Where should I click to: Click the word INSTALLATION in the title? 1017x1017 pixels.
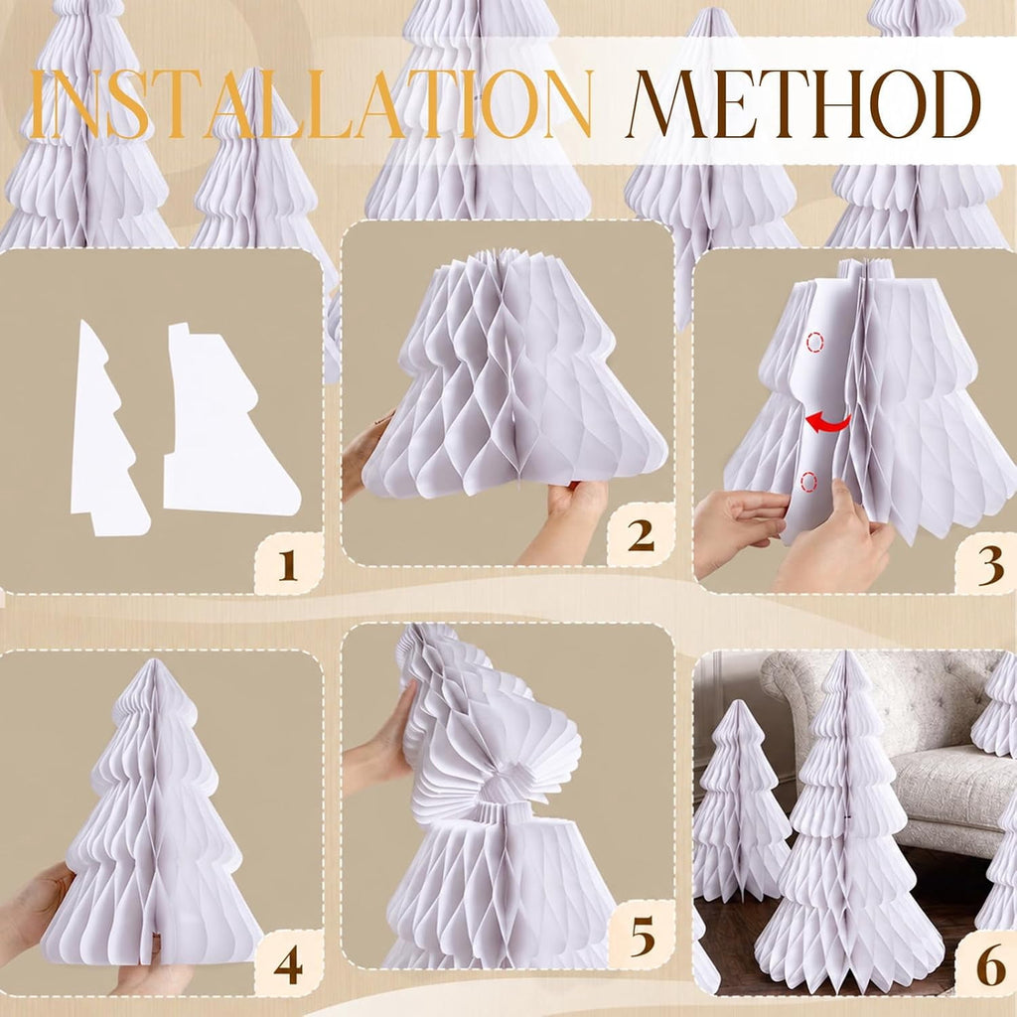pyautogui.click(x=311, y=103)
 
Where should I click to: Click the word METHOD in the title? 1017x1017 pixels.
pyautogui.click(x=802, y=103)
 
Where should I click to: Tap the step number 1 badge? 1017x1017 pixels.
pyautogui.click(x=288, y=564)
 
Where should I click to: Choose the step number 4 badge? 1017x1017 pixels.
pyautogui.click(x=288, y=964)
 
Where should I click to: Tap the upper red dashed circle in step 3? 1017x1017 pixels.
pyautogui.click(x=814, y=342)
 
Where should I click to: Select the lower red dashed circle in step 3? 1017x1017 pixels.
pyautogui.click(x=808, y=482)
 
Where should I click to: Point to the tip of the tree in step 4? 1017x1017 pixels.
pyautogui.click(x=153, y=660)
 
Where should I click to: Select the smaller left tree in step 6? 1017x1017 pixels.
pyautogui.click(x=738, y=801)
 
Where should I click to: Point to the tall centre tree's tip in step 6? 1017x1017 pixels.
pyautogui.click(x=845, y=653)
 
